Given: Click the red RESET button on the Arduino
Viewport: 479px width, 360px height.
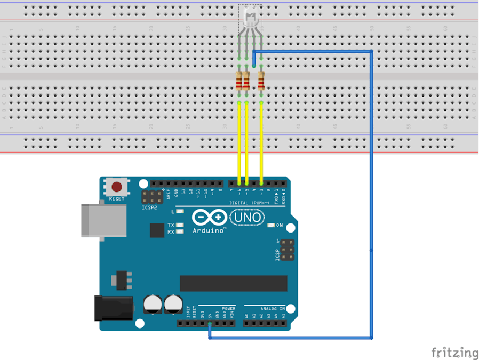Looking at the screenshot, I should [x=117, y=187].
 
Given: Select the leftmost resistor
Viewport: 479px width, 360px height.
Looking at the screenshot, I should [x=239, y=82].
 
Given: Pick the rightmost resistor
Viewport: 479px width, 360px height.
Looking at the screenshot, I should [x=261, y=82].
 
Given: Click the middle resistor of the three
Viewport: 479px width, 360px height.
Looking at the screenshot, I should [x=246, y=82].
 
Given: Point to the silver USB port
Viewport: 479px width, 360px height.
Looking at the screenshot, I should [x=103, y=220].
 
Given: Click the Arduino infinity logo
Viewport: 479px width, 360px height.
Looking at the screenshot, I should [x=210, y=218].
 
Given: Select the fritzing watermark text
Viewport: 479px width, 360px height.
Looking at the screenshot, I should [x=454, y=353].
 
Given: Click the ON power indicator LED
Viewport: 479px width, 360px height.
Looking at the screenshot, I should [x=272, y=225].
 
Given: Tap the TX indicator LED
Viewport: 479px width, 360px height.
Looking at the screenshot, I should [x=180, y=225].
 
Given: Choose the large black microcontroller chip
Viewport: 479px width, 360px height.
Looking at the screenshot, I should [x=233, y=284].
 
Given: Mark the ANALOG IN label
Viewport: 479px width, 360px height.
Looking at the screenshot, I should [x=272, y=309].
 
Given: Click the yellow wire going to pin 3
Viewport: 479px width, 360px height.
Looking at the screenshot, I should [x=261, y=141].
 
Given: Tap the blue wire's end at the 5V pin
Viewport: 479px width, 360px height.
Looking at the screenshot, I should [x=210, y=323].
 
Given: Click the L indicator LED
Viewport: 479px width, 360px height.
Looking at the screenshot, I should [x=180, y=212].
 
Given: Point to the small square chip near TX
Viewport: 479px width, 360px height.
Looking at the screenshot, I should [x=157, y=230].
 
